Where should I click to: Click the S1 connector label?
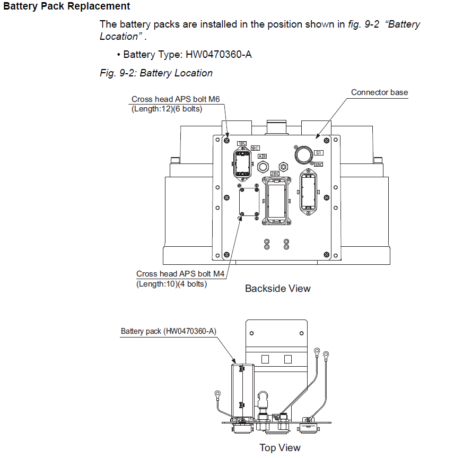click(x=318, y=152)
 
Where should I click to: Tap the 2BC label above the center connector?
click(x=275, y=174)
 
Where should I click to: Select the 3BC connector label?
click(x=318, y=165)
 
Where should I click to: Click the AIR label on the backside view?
click(x=262, y=157)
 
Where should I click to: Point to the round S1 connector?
click(x=303, y=154)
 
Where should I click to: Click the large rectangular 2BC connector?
click(x=275, y=200)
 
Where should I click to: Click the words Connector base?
click(x=379, y=92)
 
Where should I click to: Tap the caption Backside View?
click(x=277, y=289)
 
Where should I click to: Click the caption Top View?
click(x=279, y=448)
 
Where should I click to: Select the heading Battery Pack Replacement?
click(x=66, y=6)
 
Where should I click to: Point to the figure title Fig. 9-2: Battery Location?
click(x=156, y=73)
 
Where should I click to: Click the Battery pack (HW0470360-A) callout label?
click(x=168, y=331)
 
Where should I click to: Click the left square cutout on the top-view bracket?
click(x=265, y=359)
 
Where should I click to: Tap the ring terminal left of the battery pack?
click(x=217, y=393)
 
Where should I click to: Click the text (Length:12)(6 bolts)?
click(x=167, y=109)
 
